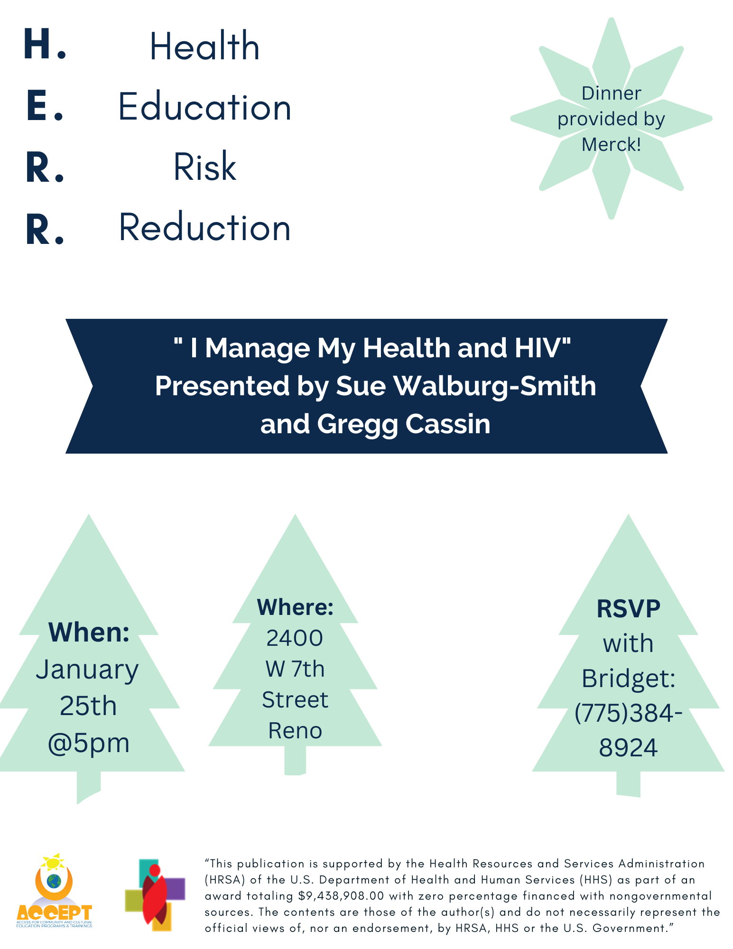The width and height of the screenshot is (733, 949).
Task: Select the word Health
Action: point(204,46)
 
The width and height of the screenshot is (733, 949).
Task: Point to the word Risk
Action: point(205,167)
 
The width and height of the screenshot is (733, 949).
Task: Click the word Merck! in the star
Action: point(611,144)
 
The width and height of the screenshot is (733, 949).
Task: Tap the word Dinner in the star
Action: point(611,93)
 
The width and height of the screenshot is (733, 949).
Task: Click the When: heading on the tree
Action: point(89,632)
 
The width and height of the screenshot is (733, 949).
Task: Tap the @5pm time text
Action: point(89,743)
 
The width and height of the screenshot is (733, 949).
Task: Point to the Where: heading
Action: point(295,607)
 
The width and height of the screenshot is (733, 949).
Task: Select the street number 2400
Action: point(295,638)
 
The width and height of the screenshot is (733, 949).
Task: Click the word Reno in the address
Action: point(295,730)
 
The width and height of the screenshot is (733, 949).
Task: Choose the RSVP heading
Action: point(628,608)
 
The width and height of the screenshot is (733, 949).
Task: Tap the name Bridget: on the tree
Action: point(628,678)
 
